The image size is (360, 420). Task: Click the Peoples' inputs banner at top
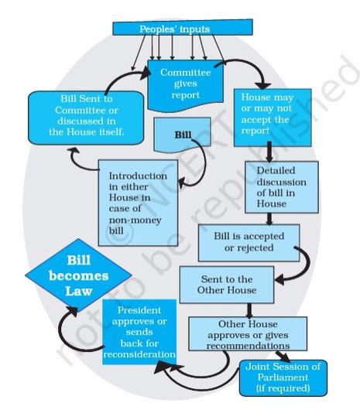click(x=183, y=29)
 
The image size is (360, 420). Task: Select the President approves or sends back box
click(x=139, y=330)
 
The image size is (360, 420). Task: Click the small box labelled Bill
click(x=183, y=135)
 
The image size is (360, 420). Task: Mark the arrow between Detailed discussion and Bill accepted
click(x=269, y=219)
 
